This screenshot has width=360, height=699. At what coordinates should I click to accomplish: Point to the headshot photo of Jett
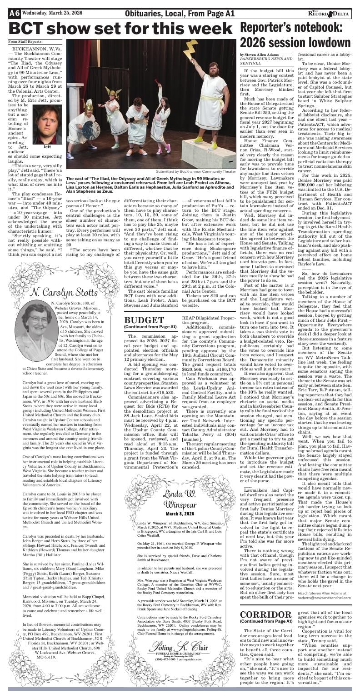(48, 125)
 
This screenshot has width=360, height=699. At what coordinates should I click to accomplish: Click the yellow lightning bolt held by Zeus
(190, 49)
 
